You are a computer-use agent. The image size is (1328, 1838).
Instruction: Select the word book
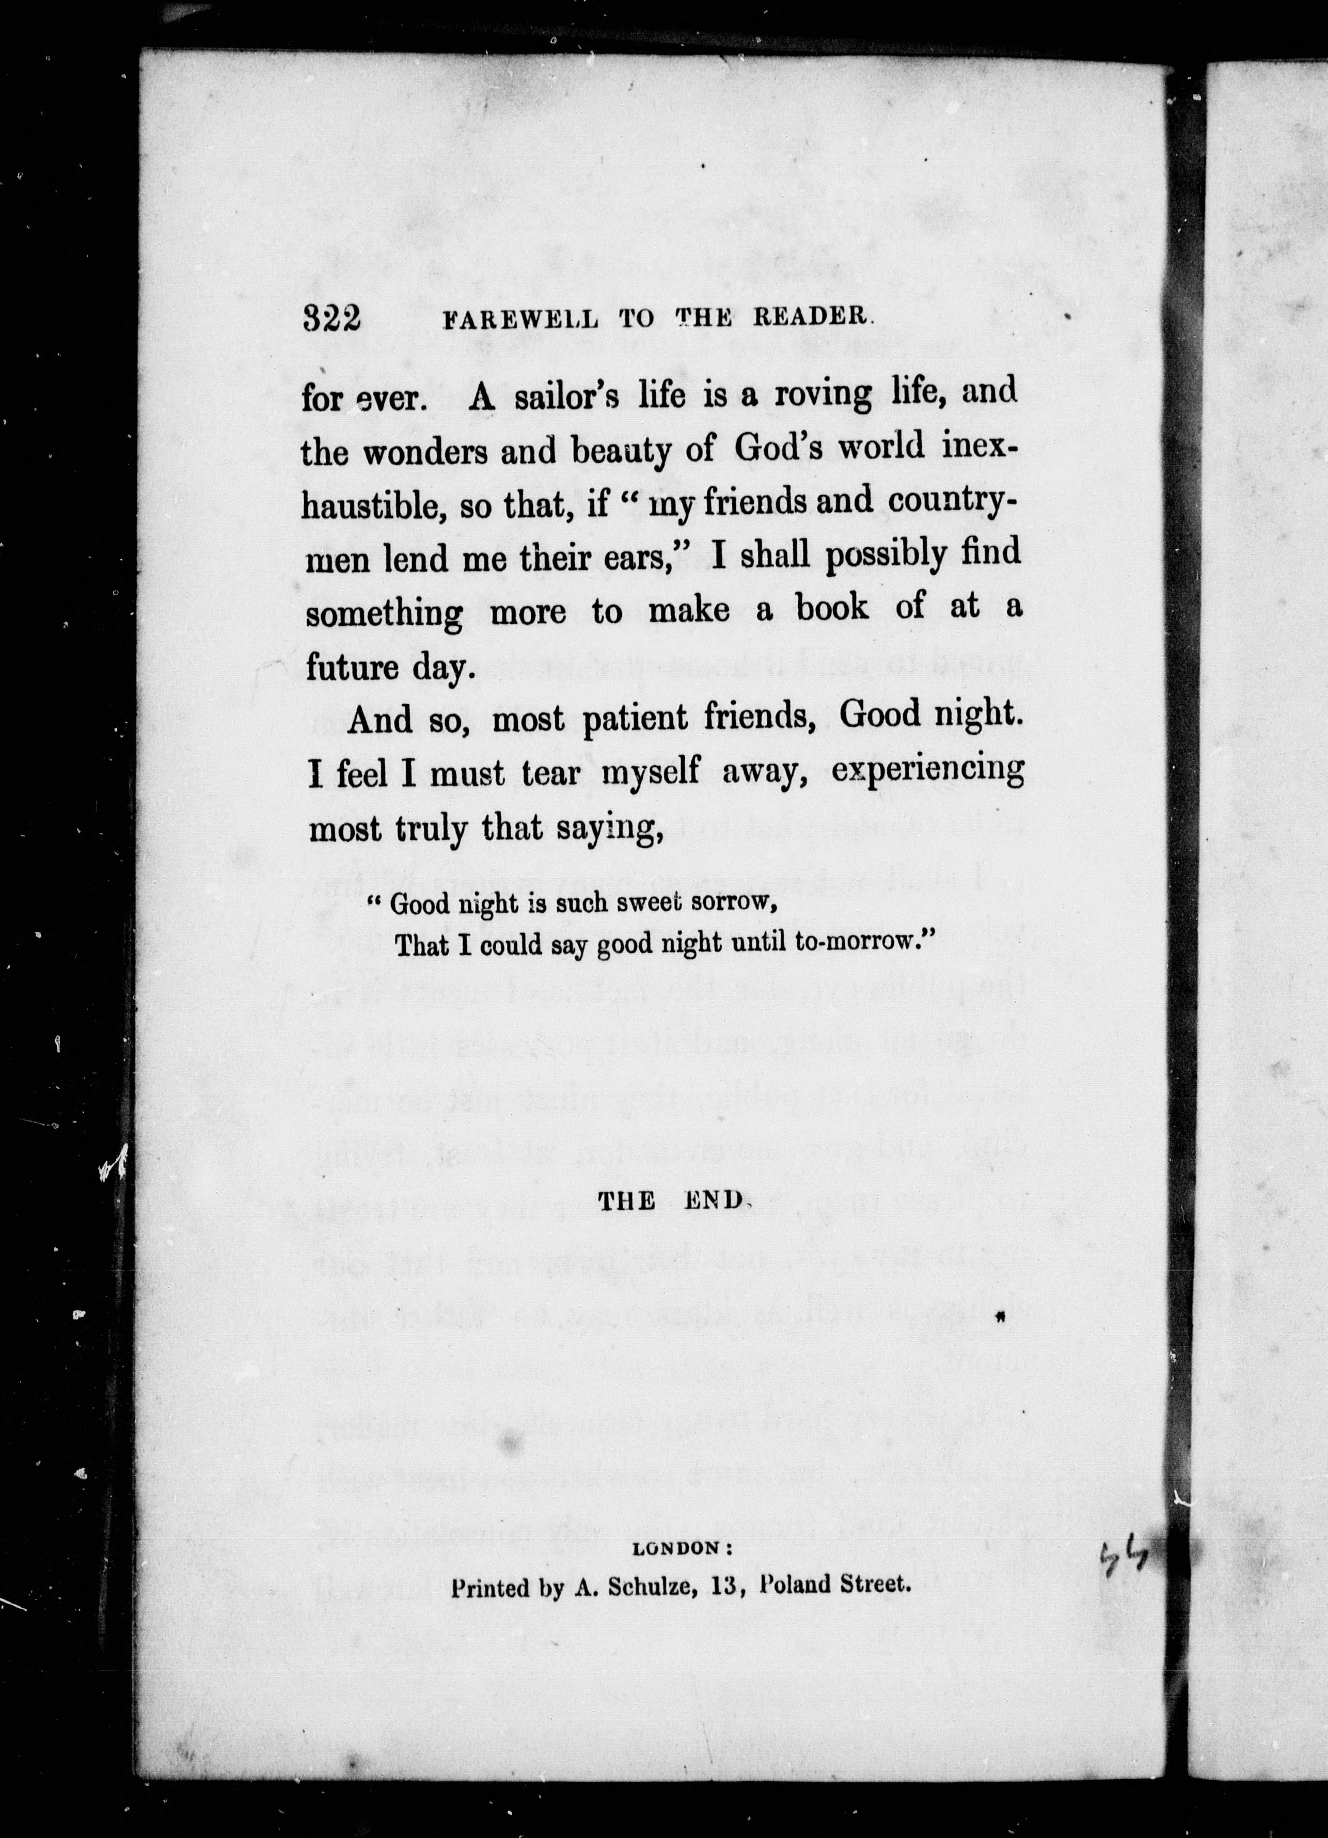(832, 608)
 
